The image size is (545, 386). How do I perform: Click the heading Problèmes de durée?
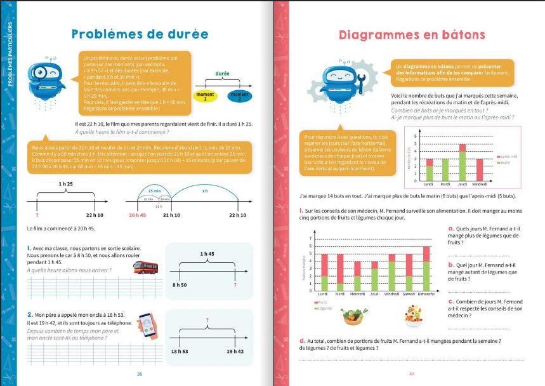coord(140,34)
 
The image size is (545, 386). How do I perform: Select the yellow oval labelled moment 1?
coord(205,97)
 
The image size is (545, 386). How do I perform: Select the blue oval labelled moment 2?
coord(240,97)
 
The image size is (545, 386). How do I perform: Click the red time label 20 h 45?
coord(138,216)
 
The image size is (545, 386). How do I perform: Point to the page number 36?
coord(140,373)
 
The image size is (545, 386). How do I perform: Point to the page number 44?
coord(411,373)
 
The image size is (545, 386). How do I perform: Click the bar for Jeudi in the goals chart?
coord(463,163)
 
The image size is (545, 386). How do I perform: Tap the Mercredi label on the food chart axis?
coord(357,294)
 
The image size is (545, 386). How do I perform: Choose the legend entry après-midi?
coord(508,156)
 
